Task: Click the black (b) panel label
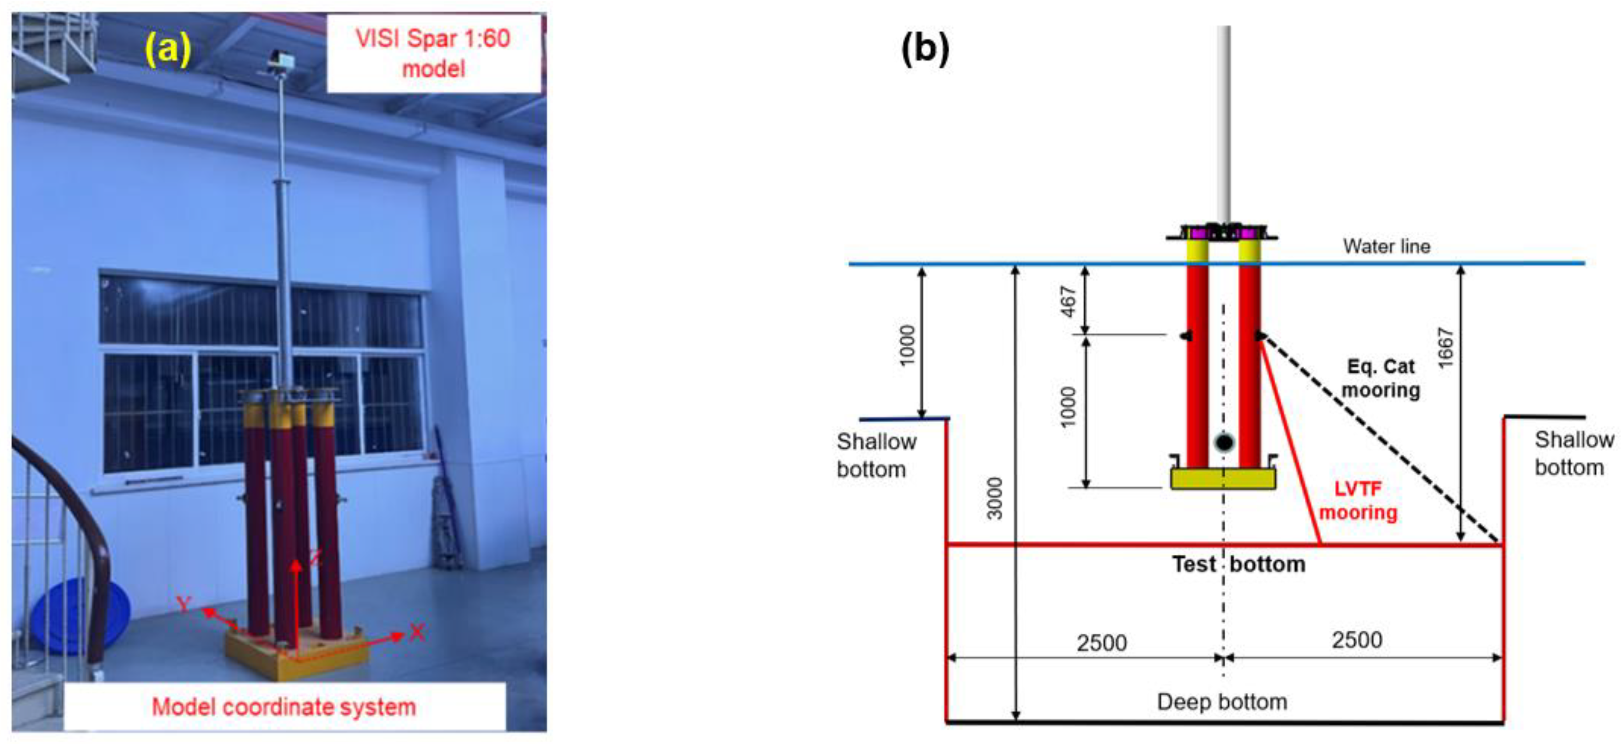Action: coord(925,49)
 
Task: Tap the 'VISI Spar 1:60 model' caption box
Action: coord(433,53)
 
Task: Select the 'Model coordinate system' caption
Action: coord(284,707)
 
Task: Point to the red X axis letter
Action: coord(417,632)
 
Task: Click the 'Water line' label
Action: coord(1387,246)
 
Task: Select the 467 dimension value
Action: coord(1068,302)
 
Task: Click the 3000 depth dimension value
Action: coord(994,499)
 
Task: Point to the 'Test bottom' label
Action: coord(1238,564)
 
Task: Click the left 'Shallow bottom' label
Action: coord(876,455)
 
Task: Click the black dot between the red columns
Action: coord(1224,442)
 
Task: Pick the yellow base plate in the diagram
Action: coord(1223,478)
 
